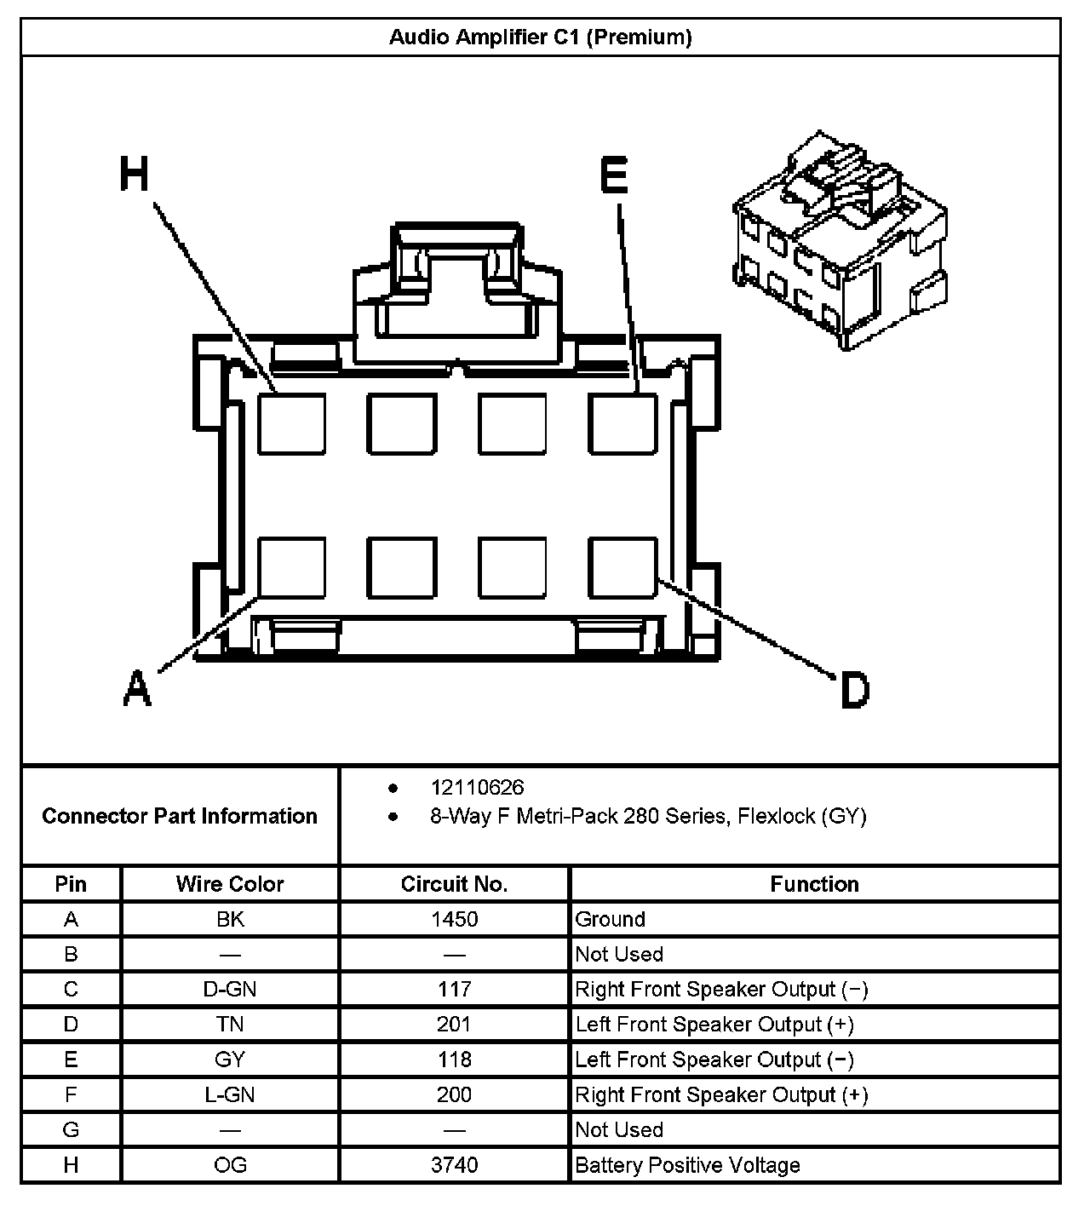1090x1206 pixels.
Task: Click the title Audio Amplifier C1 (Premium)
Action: pyautogui.click(x=540, y=37)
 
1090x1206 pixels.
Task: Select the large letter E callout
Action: pyautogui.click(x=613, y=176)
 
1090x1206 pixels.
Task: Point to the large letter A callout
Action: pyautogui.click(x=137, y=688)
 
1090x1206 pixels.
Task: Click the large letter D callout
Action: pyautogui.click(x=854, y=690)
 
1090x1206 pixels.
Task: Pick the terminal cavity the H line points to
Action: pyautogui.click(x=291, y=423)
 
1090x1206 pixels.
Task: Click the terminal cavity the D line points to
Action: pyautogui.click(x=622, y=567)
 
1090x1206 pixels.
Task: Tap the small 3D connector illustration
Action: pyautogui.click(x=840, y=240)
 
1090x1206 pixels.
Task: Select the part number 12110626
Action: pyautogui.click(x=477, y=787)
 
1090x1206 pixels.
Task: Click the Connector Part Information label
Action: pyautogui.click(x=180, y=816)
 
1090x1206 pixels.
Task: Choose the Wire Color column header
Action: pyautogui.click(x=230, y=884)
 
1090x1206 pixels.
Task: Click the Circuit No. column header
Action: pyautogui.click(x=454, y=884)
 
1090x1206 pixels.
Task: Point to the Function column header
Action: pyautogui.click(x=814, y=884)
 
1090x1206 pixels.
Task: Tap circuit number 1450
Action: pyautogui.click(x=454, y=919)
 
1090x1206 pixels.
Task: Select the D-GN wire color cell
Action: pyautogui.click(x=230, y=989)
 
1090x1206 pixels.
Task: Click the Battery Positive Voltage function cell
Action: pyautogui.click(x=687, y=1165)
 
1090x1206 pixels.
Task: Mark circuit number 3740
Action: pyautogui.click(x=454, y=1165)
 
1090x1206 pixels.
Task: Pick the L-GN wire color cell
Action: pyautogui.click(x=230, y=1094)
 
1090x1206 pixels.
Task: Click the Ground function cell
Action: pyautogui.click(x=610, y=919)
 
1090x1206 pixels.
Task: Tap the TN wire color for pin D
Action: pyautogui.click(x=230, y=1024)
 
